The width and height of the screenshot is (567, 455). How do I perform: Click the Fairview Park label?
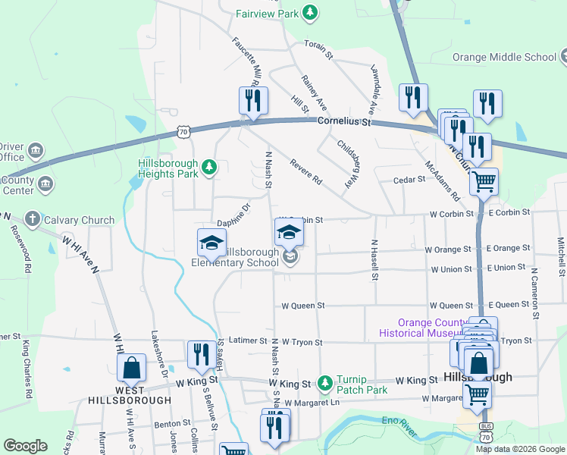(x=266, y=14)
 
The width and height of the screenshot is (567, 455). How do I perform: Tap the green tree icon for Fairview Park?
(x=309, y=12)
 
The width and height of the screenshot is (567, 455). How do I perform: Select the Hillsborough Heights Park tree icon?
(x=209, y=168)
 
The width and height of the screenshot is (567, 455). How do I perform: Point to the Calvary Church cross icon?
(x=32, y=220)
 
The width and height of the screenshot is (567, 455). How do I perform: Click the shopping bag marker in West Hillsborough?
(x=132, y=369)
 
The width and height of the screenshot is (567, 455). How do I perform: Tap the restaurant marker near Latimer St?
(x=200, y=355)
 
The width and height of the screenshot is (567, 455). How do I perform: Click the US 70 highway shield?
(x=183, y=132)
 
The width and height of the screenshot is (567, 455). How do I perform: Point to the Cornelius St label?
(x=346, y=121)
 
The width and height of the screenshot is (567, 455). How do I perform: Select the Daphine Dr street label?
(x=233, y=215)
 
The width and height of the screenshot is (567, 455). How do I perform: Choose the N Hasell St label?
(x=374, y=261)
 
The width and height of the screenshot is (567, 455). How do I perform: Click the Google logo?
(x=25, y=446)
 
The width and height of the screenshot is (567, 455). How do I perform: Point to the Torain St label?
(x=318, y=49)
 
